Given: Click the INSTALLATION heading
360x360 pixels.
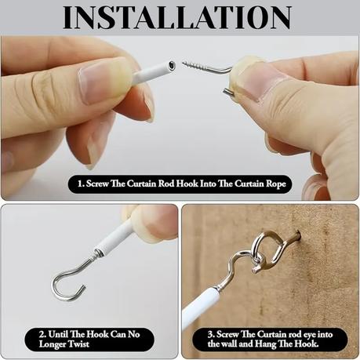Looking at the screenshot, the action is point(177,17).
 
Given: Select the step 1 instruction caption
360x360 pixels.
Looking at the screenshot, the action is point(180,184).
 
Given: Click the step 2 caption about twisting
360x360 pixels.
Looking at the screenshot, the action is point(89,339).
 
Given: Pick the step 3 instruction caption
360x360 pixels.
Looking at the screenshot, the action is point(270,339).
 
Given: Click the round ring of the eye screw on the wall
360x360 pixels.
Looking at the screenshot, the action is point(261,246).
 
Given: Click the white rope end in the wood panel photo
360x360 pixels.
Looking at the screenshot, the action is point(201,305).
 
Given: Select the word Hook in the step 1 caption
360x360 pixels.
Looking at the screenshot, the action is point(187,184).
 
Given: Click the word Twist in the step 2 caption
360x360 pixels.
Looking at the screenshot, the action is point(77,344).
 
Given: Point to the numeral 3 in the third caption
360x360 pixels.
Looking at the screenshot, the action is point(211,334).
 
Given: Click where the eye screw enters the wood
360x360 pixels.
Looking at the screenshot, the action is point(299,233).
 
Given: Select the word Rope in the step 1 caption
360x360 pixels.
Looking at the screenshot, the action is point(276,184).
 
